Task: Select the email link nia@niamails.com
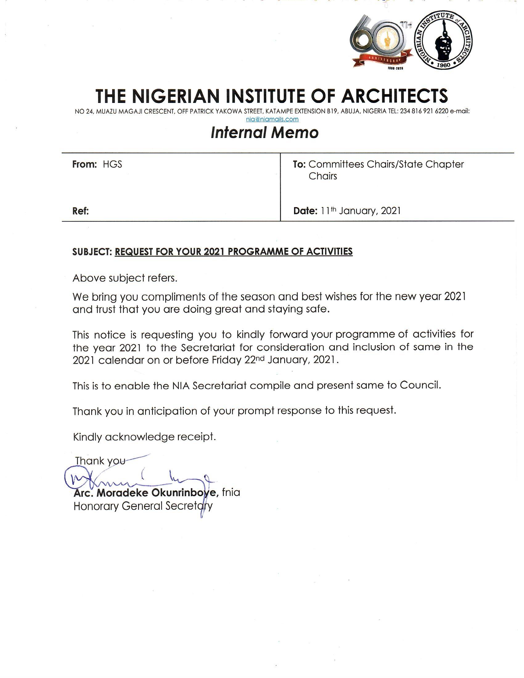pos(272,119)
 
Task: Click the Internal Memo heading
pos(264,133)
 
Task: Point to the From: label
pos(85,164)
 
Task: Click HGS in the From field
pos(113,164)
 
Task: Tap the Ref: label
pos(81,211)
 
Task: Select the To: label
pos(300,164)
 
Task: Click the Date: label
pos(305,211)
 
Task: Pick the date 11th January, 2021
pos(361,211)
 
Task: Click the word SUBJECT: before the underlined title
pos(92,252)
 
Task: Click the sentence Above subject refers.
pos(125,278)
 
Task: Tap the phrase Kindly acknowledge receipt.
pos(144,437)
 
